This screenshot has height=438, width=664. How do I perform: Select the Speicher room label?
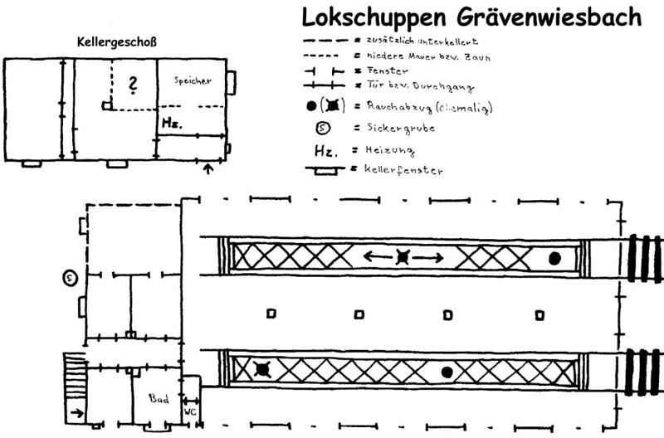point(193,80)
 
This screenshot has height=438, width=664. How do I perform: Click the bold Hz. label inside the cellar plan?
point(171,123)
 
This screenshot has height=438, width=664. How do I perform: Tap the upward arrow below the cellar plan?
point(207,170)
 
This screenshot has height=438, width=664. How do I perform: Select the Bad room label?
point(159,399)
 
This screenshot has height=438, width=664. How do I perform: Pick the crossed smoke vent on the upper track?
point(403,258)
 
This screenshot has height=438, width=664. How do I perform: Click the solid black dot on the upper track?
point(554,258)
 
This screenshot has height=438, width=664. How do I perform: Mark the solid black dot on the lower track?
point(447,371)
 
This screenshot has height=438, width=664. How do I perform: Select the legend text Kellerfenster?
point(398,170)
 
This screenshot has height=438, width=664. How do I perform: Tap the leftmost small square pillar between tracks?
point(270,314)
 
